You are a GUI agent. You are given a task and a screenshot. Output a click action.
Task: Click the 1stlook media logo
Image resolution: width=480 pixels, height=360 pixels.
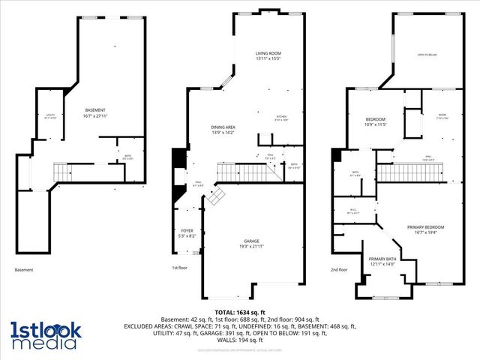(44, 335)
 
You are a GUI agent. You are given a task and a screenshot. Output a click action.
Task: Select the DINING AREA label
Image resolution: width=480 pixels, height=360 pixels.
(223, 130)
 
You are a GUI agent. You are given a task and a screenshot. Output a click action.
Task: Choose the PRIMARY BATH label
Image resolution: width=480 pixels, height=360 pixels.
(382, 261)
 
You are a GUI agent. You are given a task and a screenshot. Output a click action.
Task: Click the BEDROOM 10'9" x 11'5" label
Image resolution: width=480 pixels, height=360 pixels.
(375, 122)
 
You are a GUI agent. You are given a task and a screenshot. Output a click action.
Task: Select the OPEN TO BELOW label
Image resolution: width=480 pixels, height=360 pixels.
(427, 55)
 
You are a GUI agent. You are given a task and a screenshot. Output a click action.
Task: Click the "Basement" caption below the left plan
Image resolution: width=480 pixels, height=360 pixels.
(24, 270)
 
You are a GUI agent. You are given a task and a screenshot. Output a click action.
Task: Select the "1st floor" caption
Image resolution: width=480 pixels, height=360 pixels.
(180, 268)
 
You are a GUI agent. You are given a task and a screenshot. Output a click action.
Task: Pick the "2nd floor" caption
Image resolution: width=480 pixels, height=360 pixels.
(339, 269)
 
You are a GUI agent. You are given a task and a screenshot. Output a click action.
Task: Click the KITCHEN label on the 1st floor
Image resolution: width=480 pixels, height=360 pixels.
(280, 118)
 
